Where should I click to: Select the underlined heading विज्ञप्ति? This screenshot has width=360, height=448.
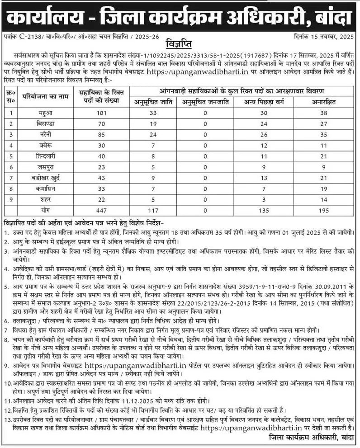(180, 46)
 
